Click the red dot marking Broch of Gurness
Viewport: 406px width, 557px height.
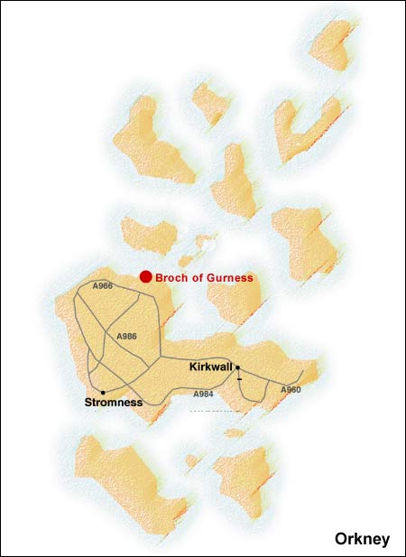(x=145, y=277)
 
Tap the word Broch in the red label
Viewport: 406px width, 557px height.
(x=171, y=278)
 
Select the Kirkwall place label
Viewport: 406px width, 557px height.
(x=211, y=367)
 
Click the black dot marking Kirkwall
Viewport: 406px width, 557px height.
(x=237, y=367)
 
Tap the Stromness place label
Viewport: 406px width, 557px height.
(x=113, y=402)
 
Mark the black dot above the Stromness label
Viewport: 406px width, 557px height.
(x=104, y=392)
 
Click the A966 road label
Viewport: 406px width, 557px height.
(x=103, y=286)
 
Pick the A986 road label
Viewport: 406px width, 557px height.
(x=126, y=336)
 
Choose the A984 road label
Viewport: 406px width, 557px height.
(x=204, y=395)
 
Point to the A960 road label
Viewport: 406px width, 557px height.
(x=291, y=389)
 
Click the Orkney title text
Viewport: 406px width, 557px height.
(x=362, y=539)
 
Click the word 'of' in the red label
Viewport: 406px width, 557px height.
(x=198, y=278)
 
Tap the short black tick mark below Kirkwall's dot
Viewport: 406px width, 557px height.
(x=239, y=379)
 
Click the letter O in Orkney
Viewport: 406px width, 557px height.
(x=340, y=539)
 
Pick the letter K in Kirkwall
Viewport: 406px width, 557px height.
(x=192, y=367)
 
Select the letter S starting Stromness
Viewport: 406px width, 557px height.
(x=88, y=402)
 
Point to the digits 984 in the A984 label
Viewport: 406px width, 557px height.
(x=207, y=395)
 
